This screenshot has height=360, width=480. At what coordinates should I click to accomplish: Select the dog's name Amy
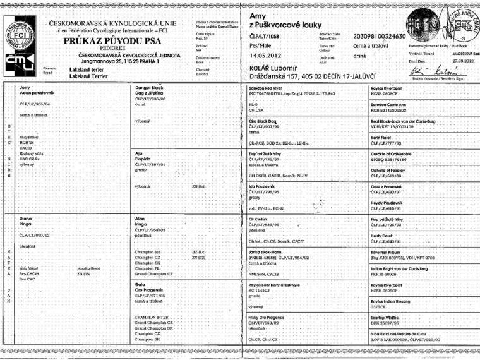tap(258, 15)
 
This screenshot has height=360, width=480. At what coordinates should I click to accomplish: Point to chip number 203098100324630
tap(379, 37)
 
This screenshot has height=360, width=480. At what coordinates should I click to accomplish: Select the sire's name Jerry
tap(26, 87)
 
